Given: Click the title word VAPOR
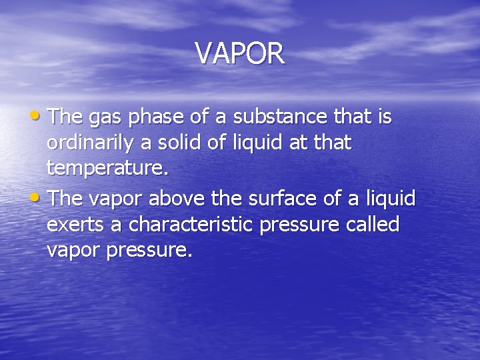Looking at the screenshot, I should point(240,53).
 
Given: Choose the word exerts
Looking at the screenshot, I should point(74,225).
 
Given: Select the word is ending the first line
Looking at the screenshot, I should point(385,117).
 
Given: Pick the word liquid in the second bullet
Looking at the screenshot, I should point(391,198).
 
